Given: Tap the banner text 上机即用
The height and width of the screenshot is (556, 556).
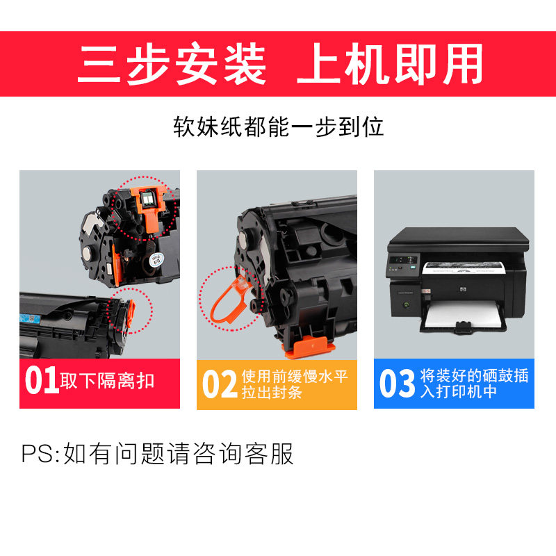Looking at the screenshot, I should [x=389, y=65].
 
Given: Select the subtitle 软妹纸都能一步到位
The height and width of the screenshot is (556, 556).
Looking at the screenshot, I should [x=278, y=127].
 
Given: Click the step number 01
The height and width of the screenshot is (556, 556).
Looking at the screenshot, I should [x=42, y=382].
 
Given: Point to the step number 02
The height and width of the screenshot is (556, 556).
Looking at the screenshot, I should [x=220, y=384].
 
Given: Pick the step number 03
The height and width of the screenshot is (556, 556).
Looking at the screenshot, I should [x=397, y=384].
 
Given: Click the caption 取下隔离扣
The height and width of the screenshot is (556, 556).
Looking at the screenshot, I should [x=108, y=382].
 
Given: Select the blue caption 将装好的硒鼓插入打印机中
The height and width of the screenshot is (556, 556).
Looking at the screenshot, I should [x=475, y=384].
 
